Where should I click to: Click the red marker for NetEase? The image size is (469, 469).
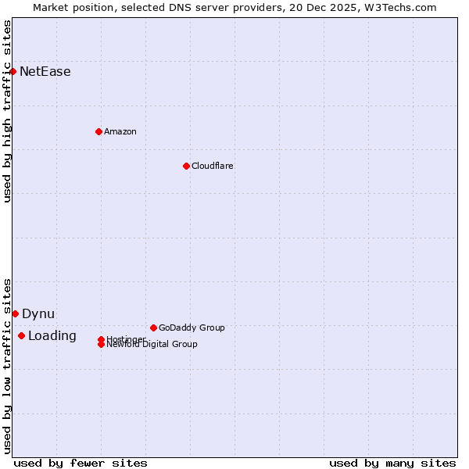pyautogui.click(x=13, y=71)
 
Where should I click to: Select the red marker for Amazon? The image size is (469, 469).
pyautogui.click(x=98, y=131)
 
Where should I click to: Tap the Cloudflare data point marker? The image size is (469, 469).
pyautogui.click(x=186, y=166)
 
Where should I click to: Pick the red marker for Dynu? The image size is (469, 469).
pyautogui.click(x=15, y=313)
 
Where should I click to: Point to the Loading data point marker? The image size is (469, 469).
pyautogui.click(x=21, y=336)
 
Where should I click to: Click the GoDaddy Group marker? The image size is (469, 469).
pyautogui.click(x=153, y=328)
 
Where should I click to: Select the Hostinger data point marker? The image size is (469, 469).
pyautogui.click(x=101, y=339)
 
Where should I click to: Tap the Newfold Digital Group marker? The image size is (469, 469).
pyautogui.click(x=101, y=344)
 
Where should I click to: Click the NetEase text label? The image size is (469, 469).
pyautogui.click(x=45, y=72)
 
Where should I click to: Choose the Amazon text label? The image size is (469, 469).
pyautogui.click(x=120, y=131)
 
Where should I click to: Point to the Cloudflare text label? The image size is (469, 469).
pyautogui.click(x=213, y=166)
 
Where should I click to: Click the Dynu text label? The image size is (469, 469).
pyautogui.click(x=38, y=314)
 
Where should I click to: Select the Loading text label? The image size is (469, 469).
pyautogui.click(x=52, y=336)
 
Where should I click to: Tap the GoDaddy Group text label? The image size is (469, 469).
pyautogui.click(x=192, y=328)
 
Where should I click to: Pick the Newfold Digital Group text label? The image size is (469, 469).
pyautogui.click(x=152, y=345)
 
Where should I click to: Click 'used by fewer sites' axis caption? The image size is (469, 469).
pyautogui.click(x=81, y=463)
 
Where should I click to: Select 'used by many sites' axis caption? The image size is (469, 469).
pyautogui.click(x=392, y=463)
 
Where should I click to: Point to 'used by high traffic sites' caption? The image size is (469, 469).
pyautogui.click(x=8, y=111)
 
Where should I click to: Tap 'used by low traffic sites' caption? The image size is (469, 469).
pyautogui.click(x=8, y=365)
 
